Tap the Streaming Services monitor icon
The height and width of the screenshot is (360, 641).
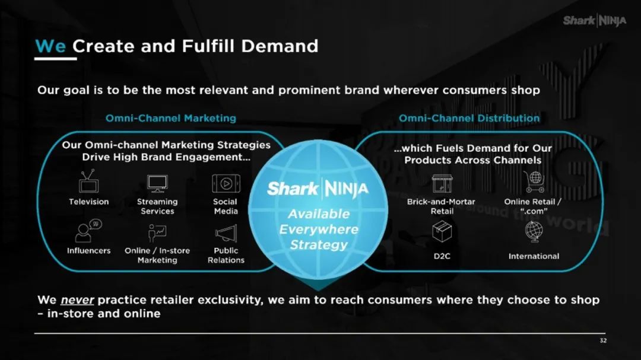point(157,183)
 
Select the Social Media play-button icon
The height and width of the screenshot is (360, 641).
point(226,183)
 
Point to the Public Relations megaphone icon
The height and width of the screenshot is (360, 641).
point(226,233)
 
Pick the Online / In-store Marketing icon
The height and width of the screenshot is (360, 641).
point(157,233)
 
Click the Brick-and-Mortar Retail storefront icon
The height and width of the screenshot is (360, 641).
point(442,183)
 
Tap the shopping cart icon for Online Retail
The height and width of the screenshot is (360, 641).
point(534,181)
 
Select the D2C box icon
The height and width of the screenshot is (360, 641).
point(442,231)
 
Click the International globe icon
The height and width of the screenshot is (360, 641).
point(534,232)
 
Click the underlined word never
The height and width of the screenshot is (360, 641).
point(77,300)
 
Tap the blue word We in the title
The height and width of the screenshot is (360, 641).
point(50,46)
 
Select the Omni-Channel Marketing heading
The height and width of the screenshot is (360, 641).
point(171,118)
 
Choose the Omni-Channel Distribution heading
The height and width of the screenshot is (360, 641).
point(469,118)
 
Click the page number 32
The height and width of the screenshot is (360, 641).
point(603,340)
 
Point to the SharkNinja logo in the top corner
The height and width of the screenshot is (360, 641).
point(594,20)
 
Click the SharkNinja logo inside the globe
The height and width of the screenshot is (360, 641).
point(318,189)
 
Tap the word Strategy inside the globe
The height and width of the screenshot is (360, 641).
point(319,245)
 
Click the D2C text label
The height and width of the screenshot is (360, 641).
point(442,256)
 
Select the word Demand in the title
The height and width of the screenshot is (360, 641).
point(280,46)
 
